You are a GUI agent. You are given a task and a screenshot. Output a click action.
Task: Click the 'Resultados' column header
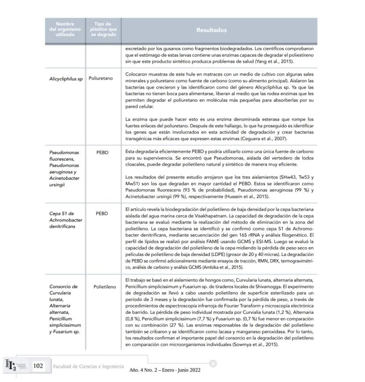click(219, 30)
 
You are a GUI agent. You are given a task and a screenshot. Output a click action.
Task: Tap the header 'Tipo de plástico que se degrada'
click(103, 30)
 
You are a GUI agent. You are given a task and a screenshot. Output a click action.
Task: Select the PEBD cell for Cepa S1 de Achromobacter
click(103, 213)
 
